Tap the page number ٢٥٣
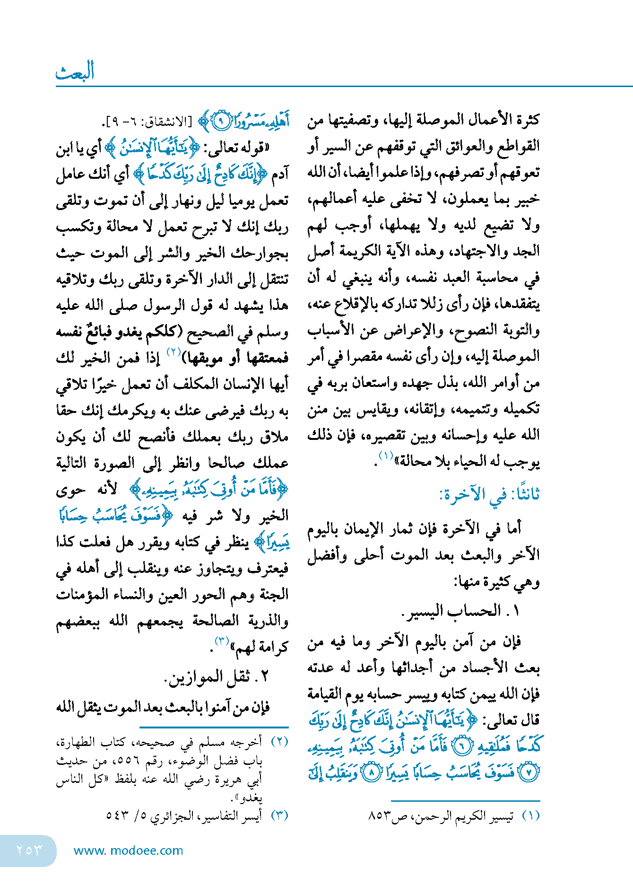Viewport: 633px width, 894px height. (28, 850)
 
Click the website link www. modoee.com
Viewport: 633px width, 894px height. (128, 850)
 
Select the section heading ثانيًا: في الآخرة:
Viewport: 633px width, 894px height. (489, 495)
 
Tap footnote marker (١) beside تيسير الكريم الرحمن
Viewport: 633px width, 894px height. (531, 816)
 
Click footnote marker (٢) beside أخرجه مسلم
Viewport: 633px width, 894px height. (279, 742)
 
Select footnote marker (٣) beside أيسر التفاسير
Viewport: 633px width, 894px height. (279, 815)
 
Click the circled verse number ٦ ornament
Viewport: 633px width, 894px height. (462, 746)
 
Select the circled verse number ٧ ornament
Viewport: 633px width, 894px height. (529, 773)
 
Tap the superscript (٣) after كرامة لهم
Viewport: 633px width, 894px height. (222, 641)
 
